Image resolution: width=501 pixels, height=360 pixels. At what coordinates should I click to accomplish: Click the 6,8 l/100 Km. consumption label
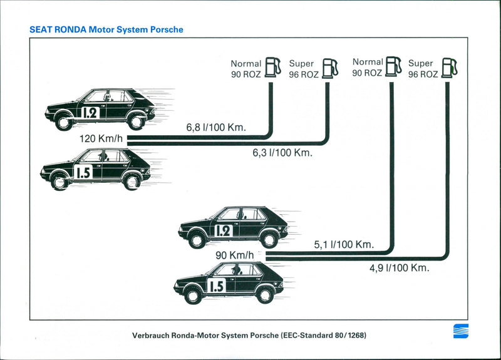(216, 128)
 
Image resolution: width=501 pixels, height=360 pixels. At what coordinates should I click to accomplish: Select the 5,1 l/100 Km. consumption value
(343, 244)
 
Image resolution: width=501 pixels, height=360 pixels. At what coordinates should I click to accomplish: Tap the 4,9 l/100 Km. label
(399, 268)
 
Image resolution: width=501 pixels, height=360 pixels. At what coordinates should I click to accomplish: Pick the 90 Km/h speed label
(235, 255)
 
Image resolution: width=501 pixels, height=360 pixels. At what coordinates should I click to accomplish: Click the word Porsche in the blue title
(166, 29)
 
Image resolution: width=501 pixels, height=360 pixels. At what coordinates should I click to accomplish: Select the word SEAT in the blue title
(41, 29)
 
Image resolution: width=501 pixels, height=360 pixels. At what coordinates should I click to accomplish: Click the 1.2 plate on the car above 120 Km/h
(90, 113)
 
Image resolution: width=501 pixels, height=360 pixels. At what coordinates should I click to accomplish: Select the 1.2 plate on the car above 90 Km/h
(223, 230)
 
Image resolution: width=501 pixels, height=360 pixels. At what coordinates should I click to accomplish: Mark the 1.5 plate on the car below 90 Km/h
(215, 287)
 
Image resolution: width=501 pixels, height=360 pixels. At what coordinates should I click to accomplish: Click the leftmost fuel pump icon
(272, 66)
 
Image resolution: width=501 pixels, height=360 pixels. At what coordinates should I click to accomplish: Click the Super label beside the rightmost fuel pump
(420, 63)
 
